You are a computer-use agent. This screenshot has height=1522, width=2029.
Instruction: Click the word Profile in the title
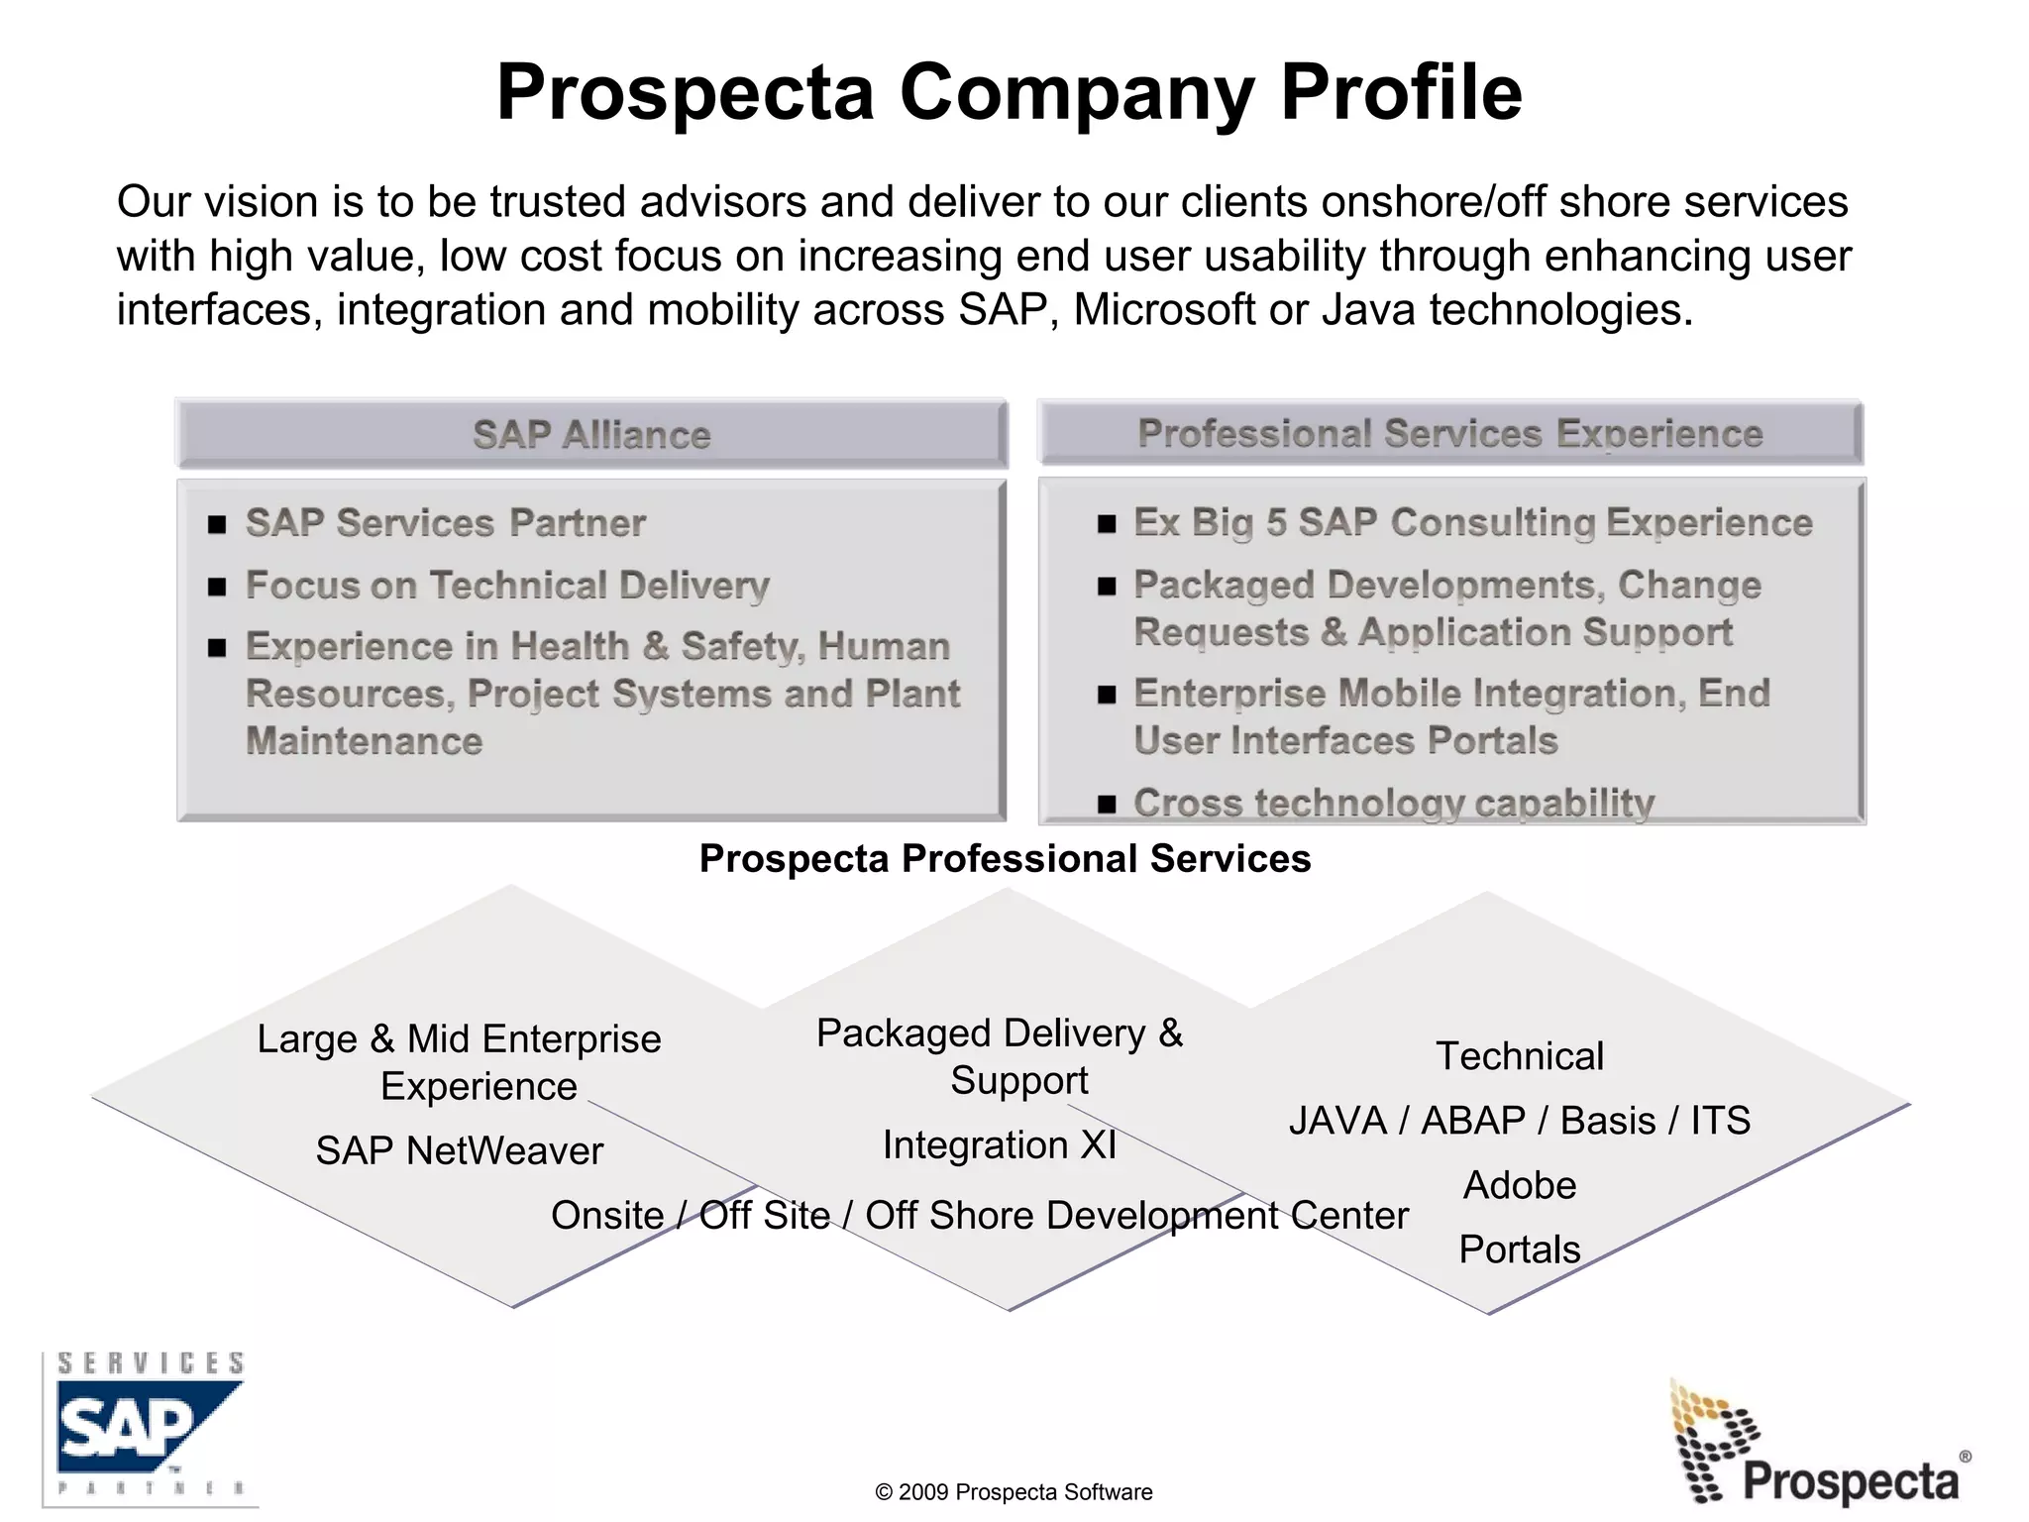click(x=1401, y=92)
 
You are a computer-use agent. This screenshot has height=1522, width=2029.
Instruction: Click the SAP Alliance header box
click(x=591, y=434)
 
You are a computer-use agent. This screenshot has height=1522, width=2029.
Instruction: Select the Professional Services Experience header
click(x=1449, y=433)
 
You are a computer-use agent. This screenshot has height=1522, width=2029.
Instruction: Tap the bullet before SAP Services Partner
click(x=217, y=524)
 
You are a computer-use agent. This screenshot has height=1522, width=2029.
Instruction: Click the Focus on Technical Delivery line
click(x=506, y=585)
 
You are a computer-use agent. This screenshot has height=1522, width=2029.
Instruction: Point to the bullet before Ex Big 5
click(x=1107, y=523)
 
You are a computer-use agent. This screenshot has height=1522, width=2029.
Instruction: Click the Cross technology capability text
click(x=1393, y=803)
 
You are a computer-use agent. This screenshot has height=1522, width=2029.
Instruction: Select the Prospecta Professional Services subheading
click(x=1005, y=858)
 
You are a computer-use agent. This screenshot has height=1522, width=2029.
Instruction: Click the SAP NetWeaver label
click(x=459, y=1150)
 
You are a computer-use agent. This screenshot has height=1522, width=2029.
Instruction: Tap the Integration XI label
click(x=999, y=1144)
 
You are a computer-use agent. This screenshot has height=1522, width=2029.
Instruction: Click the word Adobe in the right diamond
click(x=1519, y=1185)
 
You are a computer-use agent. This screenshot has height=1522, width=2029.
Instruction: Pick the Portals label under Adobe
click(x=1519, y=1249)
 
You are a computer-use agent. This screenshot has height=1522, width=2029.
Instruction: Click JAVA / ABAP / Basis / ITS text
click(x=1519, y=1121)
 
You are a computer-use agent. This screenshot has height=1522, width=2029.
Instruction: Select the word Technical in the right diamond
click(x=1519, y=1056)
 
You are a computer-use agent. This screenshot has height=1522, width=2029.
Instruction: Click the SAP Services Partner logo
click(x=150, y=1427)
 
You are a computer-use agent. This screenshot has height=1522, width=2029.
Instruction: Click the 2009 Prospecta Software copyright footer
click(x=1014, y=1492)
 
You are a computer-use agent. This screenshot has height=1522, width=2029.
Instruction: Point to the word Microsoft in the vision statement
click(x=1164, y=310)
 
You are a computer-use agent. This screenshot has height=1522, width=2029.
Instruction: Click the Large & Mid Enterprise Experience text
click(x=459, y=1062)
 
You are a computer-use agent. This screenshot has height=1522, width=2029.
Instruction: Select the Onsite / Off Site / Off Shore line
click(x=979, y=1215)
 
